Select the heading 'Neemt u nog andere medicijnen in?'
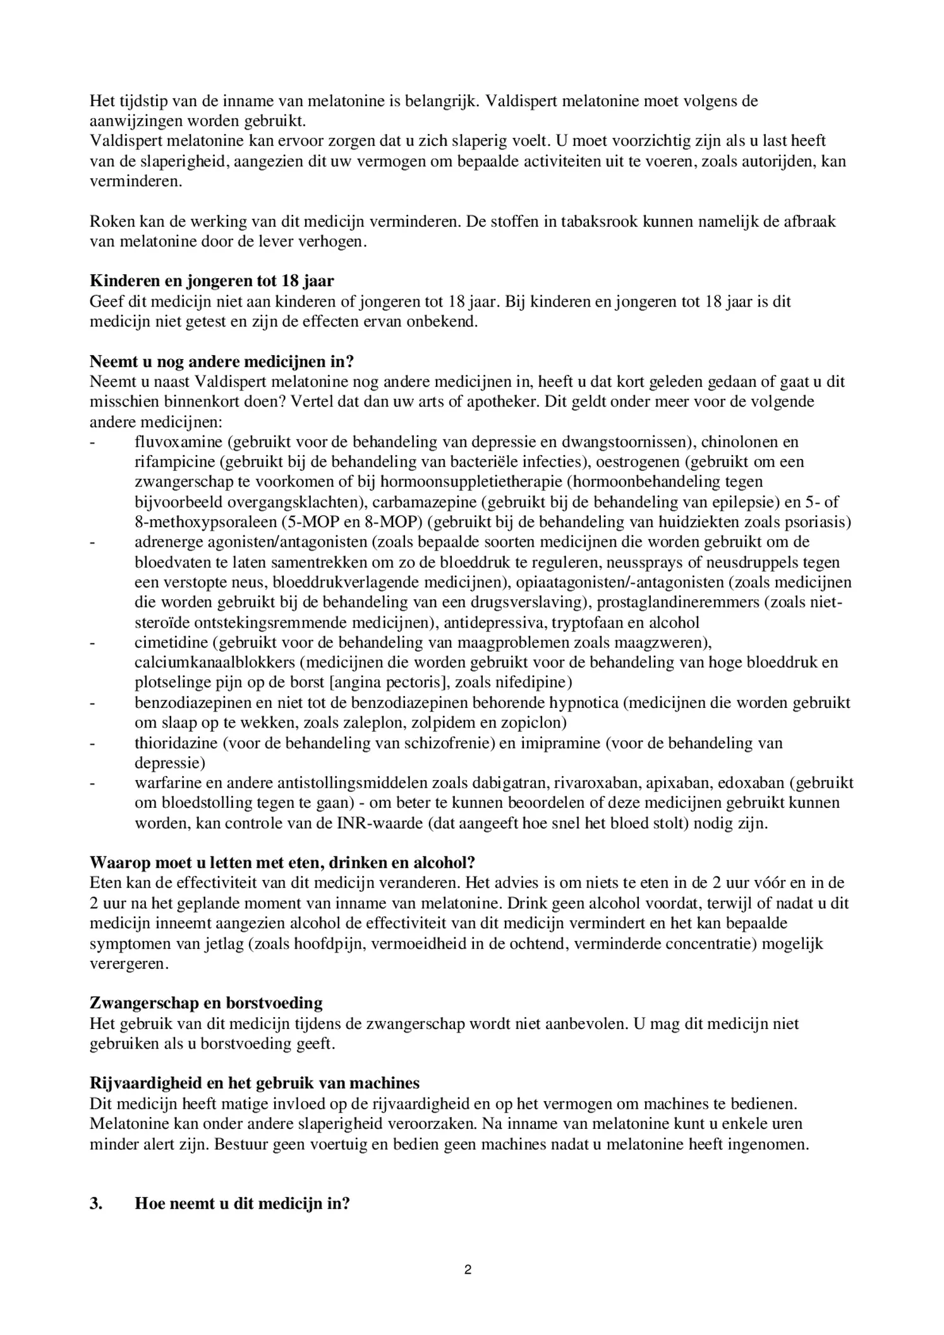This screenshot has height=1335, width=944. (x=221, y=362)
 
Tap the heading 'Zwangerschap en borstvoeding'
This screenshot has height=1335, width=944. (x=206, y=1003)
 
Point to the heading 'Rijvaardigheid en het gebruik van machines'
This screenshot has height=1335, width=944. (x=254, y=1083)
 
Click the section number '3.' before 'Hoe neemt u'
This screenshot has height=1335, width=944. (x=96, y=1203)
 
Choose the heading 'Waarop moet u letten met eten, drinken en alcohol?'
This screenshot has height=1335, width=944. (x=282, y=863)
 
